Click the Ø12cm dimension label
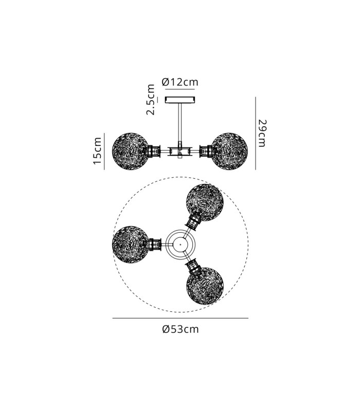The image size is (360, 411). point(180,82)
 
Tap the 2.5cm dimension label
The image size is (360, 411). point(151,100)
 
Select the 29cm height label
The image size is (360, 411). point(262,133)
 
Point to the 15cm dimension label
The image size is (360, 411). point(97,151)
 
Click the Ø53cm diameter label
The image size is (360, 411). point(181,329)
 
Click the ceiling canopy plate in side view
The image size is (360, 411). point(180,100)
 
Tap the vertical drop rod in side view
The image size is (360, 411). point(180,122)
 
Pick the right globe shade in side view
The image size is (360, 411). point(229,151)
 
